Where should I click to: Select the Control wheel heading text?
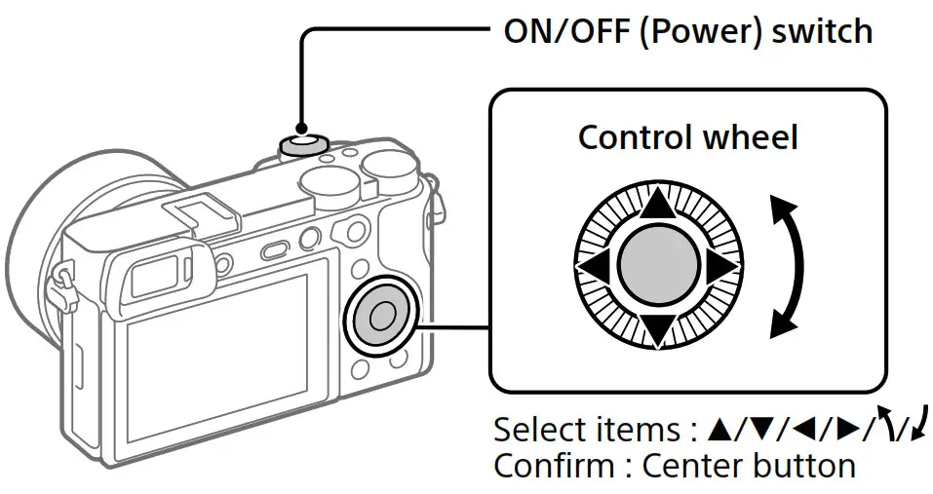687,136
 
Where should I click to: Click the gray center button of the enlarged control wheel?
657,265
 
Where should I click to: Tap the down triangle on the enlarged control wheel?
658,329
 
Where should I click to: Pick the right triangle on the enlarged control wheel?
722,266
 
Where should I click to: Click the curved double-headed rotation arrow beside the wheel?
790,266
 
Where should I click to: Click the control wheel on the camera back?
381,315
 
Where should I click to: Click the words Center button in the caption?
748,465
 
